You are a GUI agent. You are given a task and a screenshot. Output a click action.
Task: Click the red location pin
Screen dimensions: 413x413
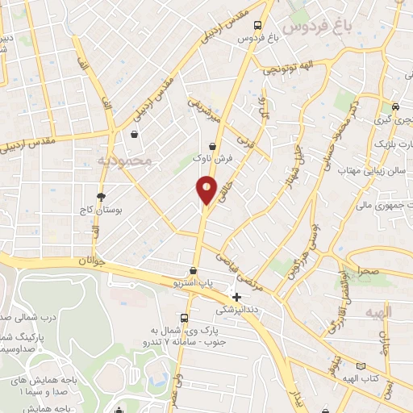[206, 190]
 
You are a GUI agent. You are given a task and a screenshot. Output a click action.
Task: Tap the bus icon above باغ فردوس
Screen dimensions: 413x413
[257, 25]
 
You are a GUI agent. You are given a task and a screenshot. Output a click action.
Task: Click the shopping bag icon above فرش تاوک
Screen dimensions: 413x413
[212, 146]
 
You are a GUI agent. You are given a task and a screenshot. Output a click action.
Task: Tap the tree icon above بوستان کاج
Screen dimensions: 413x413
[101, 196]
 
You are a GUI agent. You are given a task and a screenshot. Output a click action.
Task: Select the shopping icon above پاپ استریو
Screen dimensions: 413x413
[193, 271]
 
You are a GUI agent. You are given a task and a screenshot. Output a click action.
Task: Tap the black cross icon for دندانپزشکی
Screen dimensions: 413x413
[236, 297]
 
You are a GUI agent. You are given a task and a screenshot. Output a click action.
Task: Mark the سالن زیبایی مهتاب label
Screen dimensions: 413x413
[378, 172]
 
